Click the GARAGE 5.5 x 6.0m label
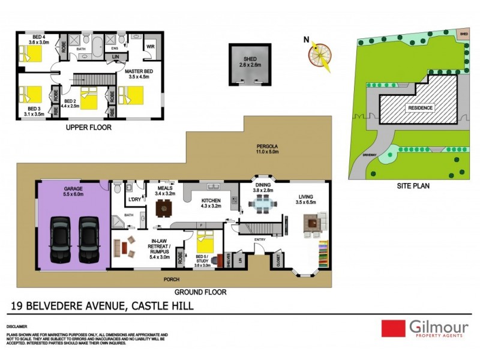pyautogui.click(x=73, y=192)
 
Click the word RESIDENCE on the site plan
pyautogui.click(x=421, y=108)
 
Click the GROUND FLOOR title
pyautogui.click(x=200, y=292)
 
